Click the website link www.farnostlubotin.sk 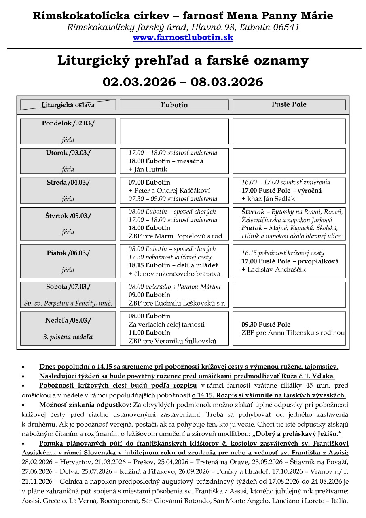coord(183,38)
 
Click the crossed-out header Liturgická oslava coord(68,105)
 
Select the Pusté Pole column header coord(289,104)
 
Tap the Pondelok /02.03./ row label coord(68,123)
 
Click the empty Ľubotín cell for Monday coord(174,131)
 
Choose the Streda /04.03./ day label coord(68,182)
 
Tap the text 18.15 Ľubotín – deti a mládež coord(173,265)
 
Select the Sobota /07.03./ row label coord(68,287)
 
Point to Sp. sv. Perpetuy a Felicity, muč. coord(68,303)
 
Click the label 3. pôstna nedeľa coord(68,337)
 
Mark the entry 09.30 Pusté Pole coord(266,325)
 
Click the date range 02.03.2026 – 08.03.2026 coord(183,82)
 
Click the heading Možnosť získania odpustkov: coord(85,405)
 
